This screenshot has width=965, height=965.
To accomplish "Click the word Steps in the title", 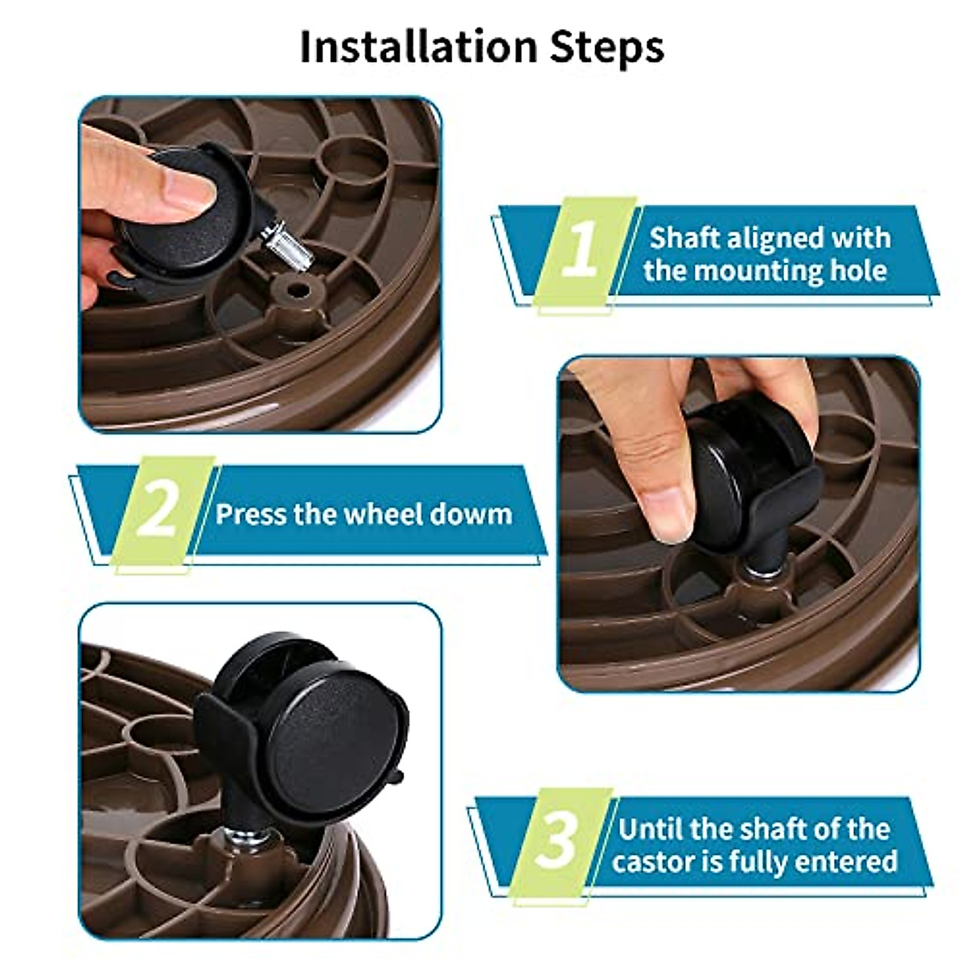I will tap(607, 48).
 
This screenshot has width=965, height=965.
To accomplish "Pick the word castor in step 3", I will tap(653, 862).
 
